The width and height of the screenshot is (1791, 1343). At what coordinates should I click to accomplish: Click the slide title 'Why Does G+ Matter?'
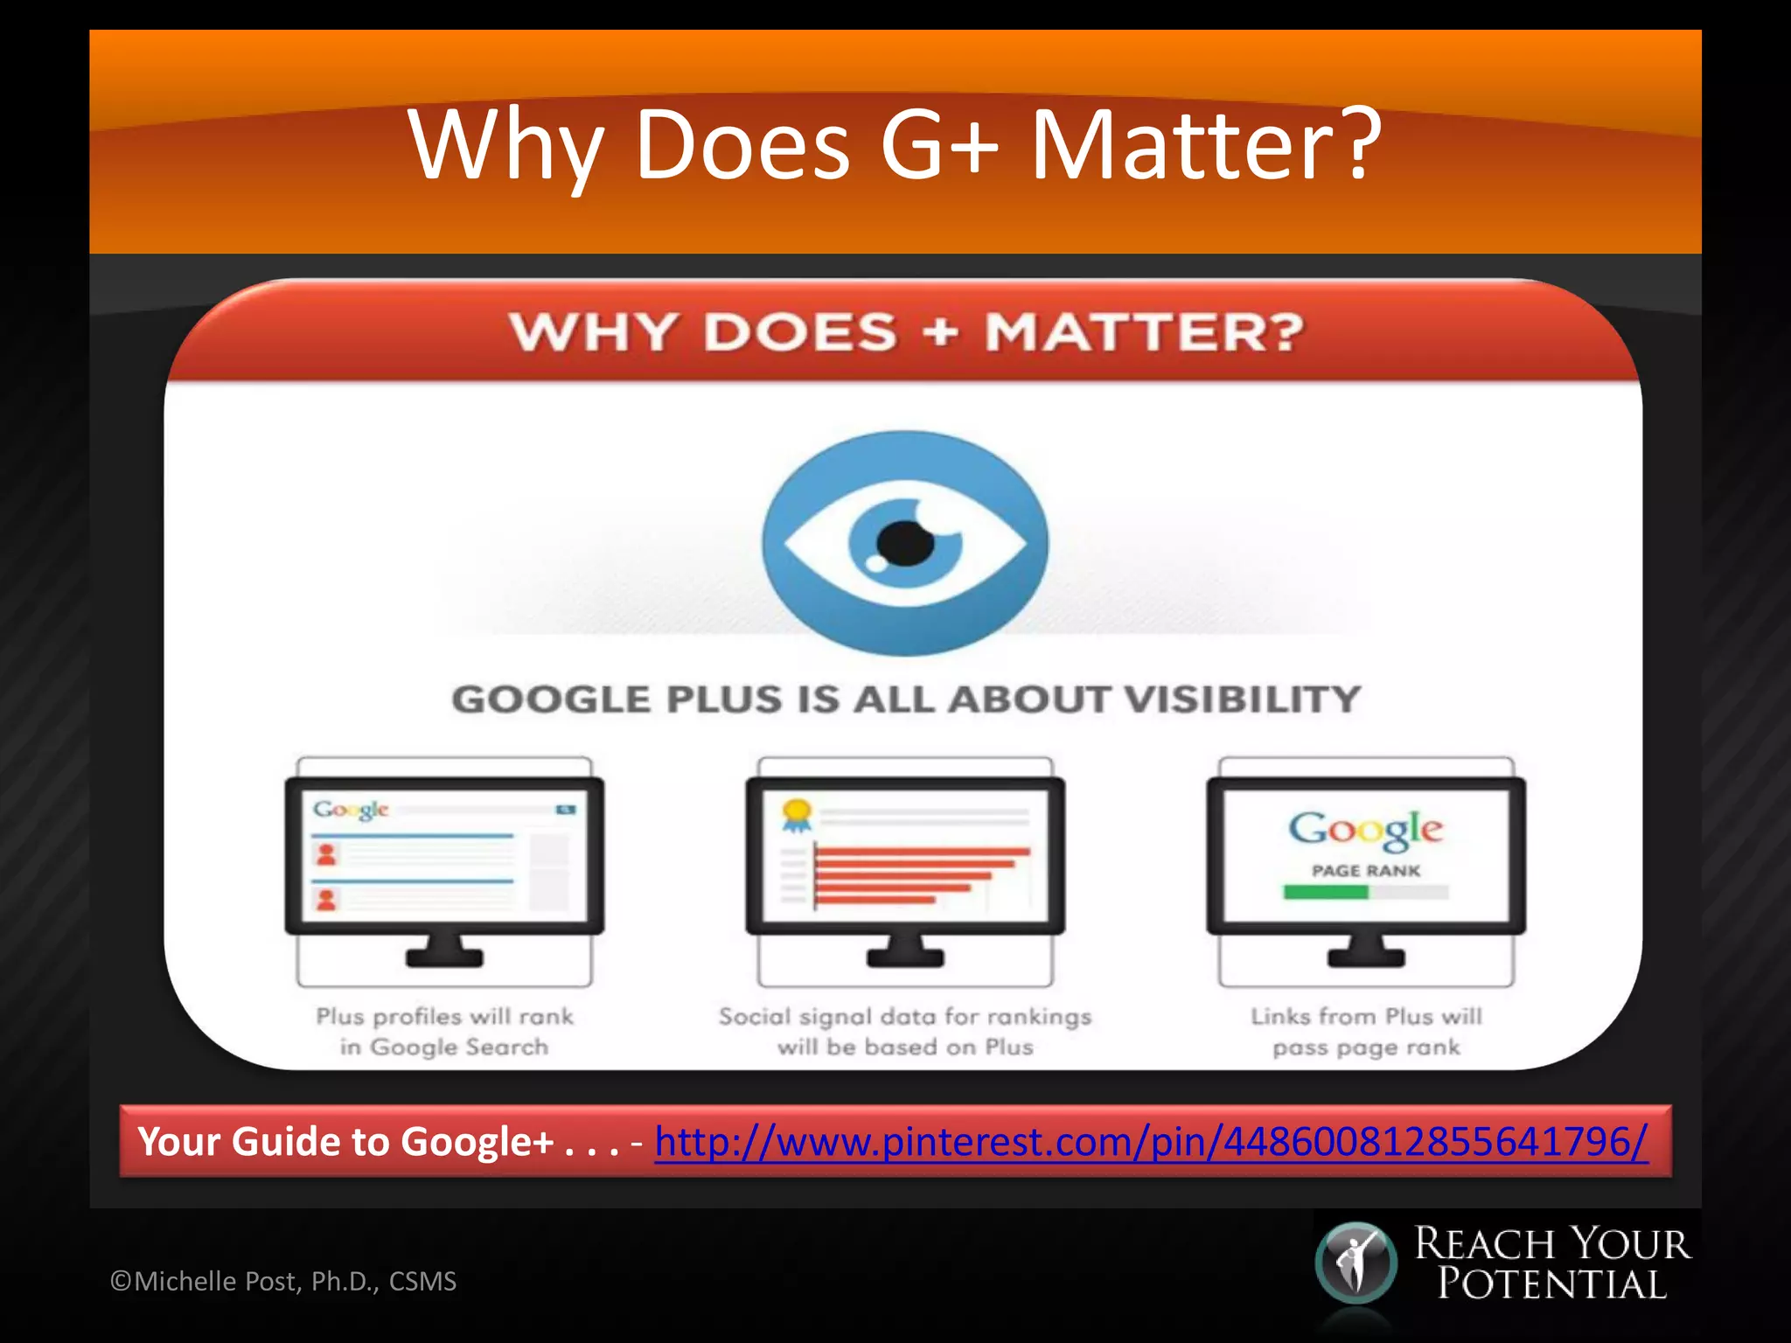click(x=895, y=144)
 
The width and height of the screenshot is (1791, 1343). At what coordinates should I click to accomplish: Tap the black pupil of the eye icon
click(x=905, y=543)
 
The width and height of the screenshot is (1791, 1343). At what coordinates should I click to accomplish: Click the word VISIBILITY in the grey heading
click(x=1241, y=699)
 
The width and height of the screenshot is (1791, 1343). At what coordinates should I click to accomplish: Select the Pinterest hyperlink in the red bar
click(x=1151, y=1141)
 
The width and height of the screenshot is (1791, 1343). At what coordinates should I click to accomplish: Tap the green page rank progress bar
click(x=1325, y=893)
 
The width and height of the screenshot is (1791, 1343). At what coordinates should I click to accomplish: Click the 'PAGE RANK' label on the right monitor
click(x=1366, y=871)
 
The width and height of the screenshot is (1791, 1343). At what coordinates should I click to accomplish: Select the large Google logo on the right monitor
click(x=1365, y=829)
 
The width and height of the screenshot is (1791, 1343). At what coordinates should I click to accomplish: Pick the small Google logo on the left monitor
click(x=351, y=810)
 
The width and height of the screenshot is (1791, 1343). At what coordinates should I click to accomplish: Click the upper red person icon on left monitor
click(x=326, y=854)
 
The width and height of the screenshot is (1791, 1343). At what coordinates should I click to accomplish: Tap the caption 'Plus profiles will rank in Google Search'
click(x=444, y=1032)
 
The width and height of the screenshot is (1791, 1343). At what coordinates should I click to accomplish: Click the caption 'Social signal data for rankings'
click(x=905, y=1017)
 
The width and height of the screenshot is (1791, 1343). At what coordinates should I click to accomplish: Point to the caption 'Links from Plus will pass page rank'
click(x=1366, y=1032)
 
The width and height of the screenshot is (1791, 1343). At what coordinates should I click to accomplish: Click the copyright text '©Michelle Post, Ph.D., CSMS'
click(x=283, y=1281)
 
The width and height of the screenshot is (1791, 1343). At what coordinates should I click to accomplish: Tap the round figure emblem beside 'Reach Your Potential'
click(x=1355, y=1263)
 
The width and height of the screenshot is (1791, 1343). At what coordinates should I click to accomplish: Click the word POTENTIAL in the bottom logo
click(x=1552, y=1284)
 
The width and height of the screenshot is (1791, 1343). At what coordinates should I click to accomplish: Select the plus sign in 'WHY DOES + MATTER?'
click(x=940, y=333)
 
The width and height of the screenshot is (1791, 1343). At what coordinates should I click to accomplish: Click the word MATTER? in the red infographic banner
click(x=1145, y=333)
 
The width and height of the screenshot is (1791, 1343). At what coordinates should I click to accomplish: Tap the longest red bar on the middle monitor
click(x=923, y=851)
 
